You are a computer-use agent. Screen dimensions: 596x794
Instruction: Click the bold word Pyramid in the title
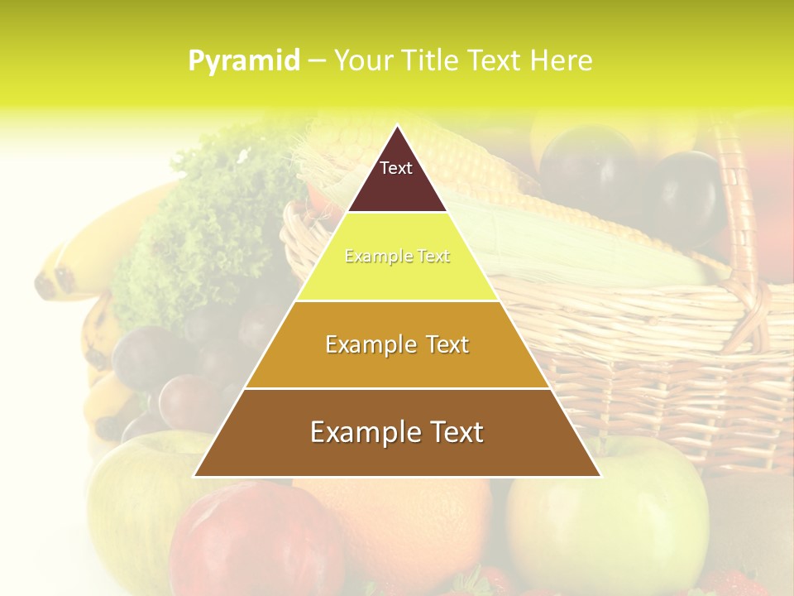tap(244, 60)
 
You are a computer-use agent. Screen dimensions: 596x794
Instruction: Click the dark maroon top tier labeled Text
tap(397, 175)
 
